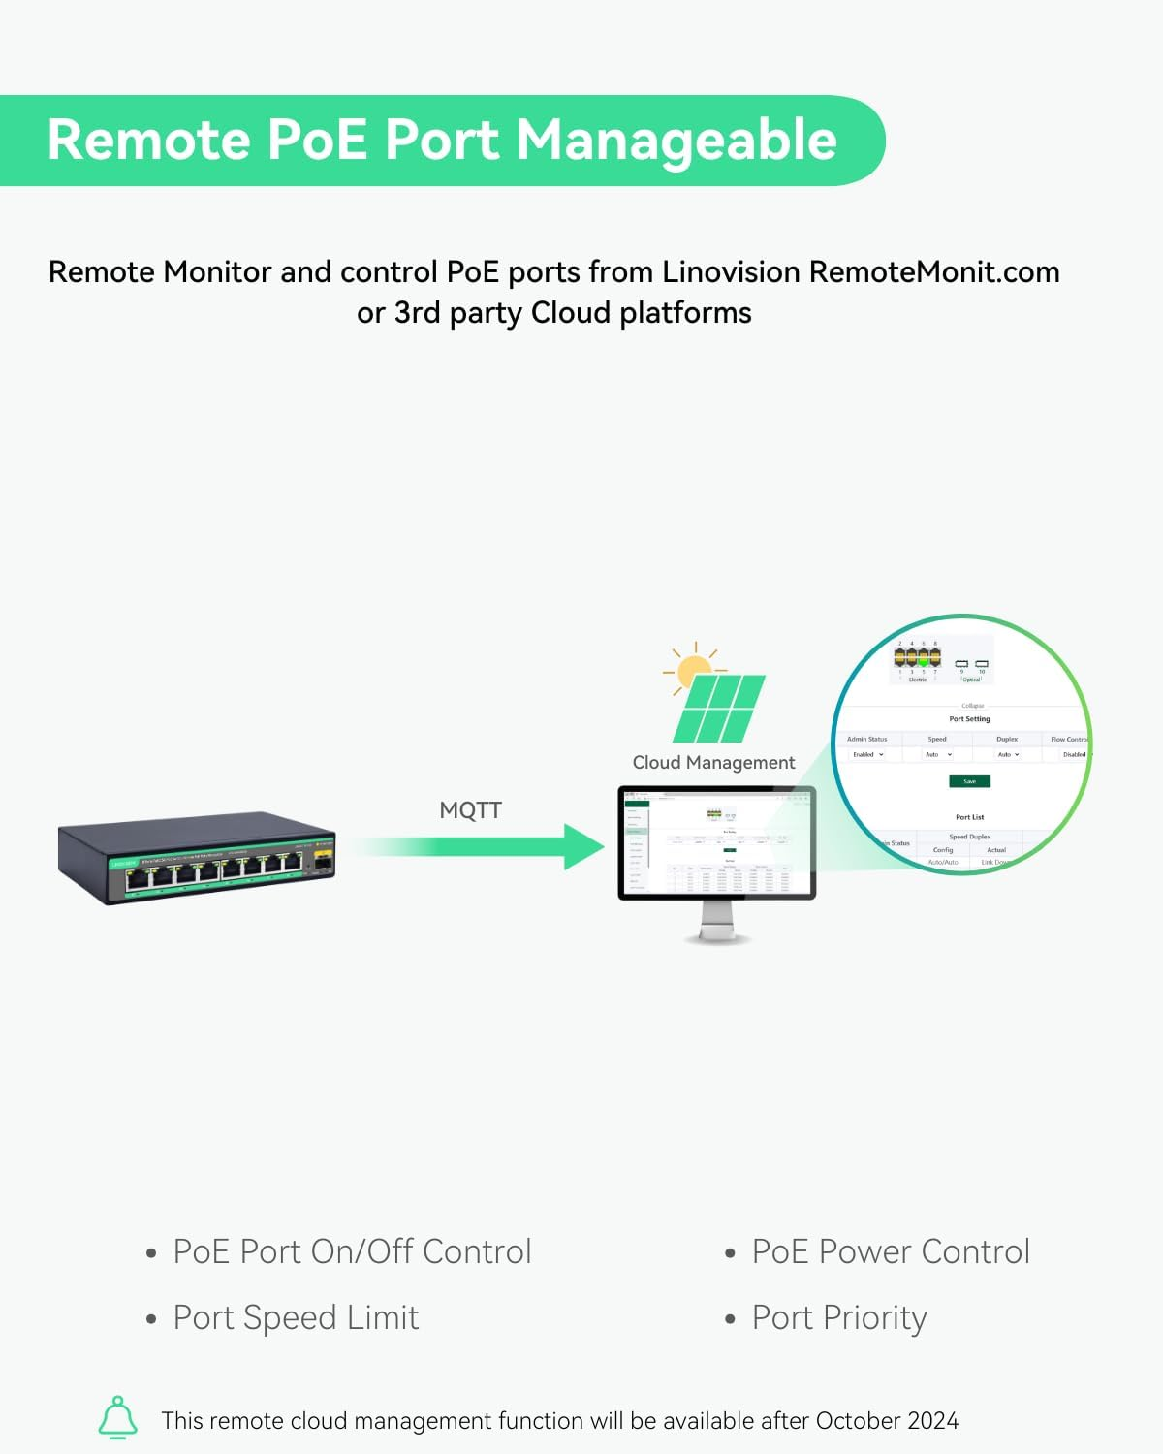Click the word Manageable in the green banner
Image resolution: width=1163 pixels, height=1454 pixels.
pyautogui.click(x=676, y=141)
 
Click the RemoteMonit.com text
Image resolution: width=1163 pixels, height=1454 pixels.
pyautogui.click(x=934, y=272)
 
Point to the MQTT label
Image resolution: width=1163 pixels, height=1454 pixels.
pyautogui.click(x=470, y=810)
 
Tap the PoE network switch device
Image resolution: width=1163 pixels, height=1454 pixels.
pyautogui.click(x=197, y=858)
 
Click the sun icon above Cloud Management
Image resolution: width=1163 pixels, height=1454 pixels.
pyautogui.click(x=695, y=669)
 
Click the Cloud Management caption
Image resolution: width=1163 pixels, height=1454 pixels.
pyautogui.click(x=713, y=763)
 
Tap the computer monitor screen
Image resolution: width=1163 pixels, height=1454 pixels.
pyautogui.click(x=716, y=841)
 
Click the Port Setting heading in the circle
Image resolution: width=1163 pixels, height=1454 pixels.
pyautogui.click(x=969, y=719)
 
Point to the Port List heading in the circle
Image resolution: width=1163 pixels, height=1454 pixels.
pyautogui.click(x=969, y=817)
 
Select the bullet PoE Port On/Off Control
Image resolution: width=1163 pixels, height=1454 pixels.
pyautogui.click(x=352, y=1251)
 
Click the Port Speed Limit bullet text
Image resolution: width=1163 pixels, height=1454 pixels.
pyautogui.click(x=296, y=1318)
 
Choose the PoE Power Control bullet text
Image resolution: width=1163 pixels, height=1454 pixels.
pyautogui.click(x=890, y=1251)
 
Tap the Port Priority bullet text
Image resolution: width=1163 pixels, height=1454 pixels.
pyautogui.click(x=839, y=1318)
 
